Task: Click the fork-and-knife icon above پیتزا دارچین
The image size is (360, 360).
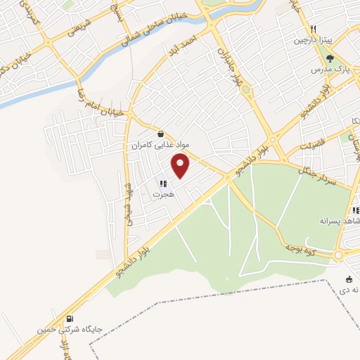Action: coord(314,30)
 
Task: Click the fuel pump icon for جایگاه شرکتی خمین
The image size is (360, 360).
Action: coord(69,318)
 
